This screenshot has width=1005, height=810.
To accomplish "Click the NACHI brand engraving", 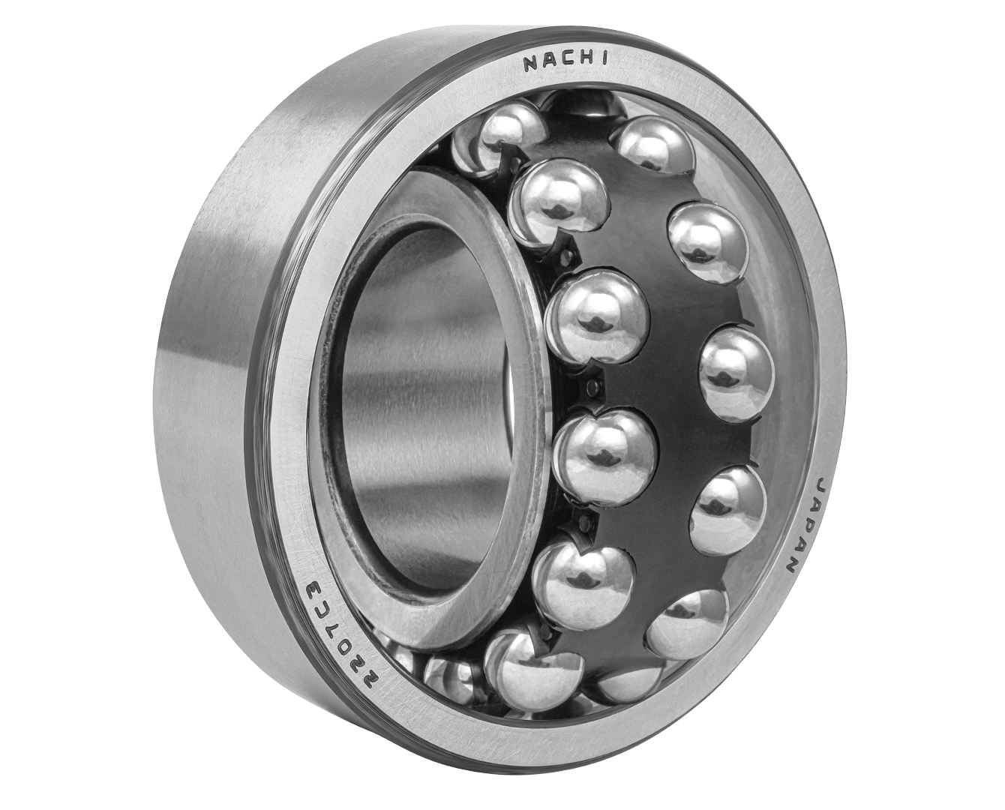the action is click(565, 64).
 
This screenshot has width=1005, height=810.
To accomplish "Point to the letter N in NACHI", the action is click(531, 64).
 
